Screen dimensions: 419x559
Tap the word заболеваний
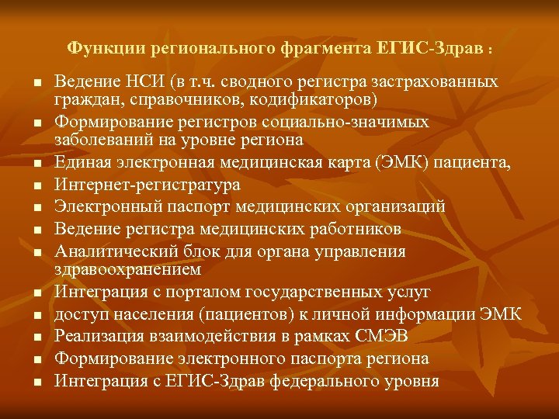click(x=97, y=140)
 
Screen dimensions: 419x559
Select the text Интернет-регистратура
click(x=148, y=185)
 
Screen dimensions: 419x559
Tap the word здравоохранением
click(x=128, y=269)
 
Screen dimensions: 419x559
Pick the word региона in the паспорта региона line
click(x=397, y=359)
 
